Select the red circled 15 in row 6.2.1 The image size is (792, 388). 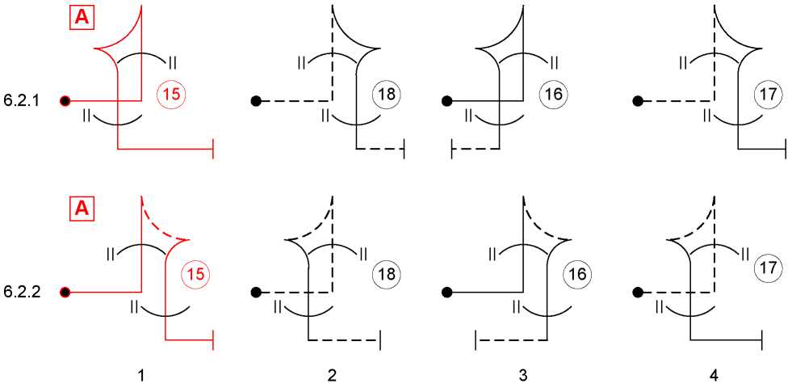point(172,94)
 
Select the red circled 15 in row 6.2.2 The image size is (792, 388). point(196,275)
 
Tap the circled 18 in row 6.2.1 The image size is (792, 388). point(387,94)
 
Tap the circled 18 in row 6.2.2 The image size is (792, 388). point(387,275)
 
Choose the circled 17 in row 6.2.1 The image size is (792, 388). point(768,94)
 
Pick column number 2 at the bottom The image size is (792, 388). point(332,375)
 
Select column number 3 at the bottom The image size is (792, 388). point(523,375)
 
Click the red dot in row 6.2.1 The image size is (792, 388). point(65,101)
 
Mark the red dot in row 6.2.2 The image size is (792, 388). point(65,292)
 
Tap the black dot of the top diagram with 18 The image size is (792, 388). point(256,101)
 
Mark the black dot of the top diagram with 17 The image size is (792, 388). point(637,101)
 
